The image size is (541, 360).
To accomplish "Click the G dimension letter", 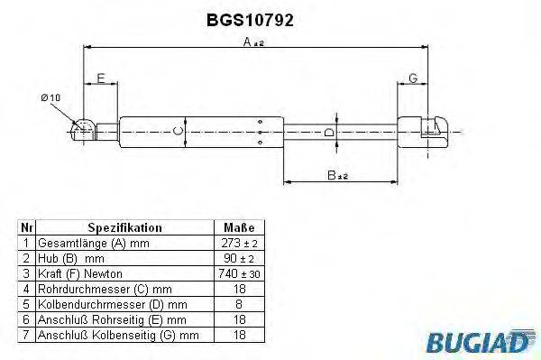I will [412, 79].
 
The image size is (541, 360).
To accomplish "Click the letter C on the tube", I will [179, 132].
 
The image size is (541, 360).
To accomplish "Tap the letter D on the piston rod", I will [330, 133].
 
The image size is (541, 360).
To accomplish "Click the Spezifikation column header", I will [124, 229].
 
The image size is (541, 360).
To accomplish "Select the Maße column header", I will [238, 229].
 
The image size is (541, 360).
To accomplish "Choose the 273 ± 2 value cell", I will [238, 244].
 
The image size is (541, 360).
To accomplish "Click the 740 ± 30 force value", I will [238, 272].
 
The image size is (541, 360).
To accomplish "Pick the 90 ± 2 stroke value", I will [238, 258].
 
